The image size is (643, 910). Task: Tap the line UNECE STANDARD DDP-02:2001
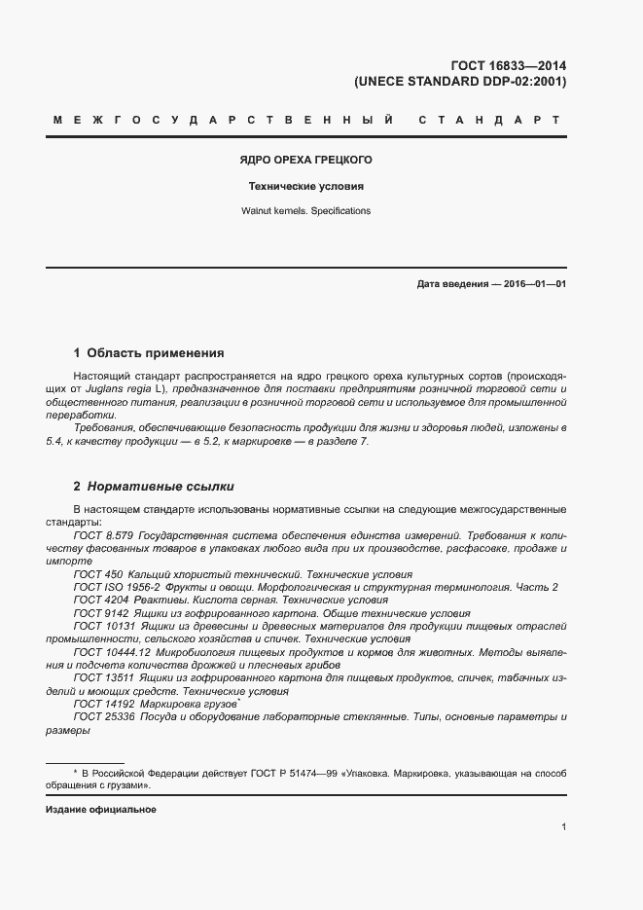(x=460, y=82)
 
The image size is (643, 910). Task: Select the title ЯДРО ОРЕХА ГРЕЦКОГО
(x=306, y=160)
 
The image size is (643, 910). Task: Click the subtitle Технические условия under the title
(x=306, y=186)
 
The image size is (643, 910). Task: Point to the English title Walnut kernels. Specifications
(x=306, y=211)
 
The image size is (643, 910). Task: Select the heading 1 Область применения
(x=149, y=353)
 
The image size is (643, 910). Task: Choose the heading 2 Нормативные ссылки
(x=154, y=486)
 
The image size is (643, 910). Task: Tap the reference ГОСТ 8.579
(x=103, y=536)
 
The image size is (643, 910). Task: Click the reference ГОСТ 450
(x=96, y=575)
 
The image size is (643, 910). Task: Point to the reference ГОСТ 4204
(x=99, y=601)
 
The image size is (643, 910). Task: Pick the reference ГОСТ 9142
(x=99, y=614)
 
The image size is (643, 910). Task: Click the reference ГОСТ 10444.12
(x=111, y=652)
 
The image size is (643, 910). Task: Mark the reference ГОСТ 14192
(x=103, y=704)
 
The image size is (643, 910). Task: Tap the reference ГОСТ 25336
(x=103, y=717)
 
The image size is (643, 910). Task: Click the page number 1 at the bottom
(x=564, y=826)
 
